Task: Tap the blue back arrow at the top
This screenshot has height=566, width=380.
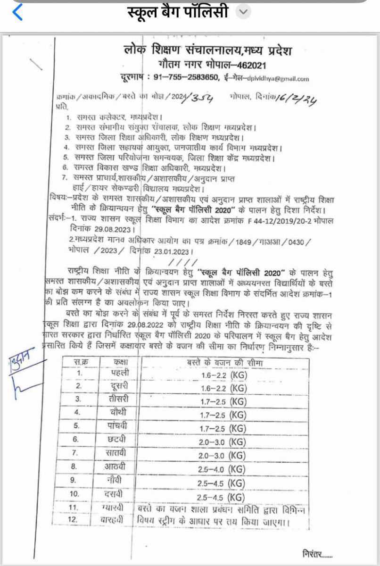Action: [17, 12]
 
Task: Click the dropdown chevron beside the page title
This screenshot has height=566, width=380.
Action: [243, 12]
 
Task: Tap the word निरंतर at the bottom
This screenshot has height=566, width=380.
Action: [318, 553]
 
